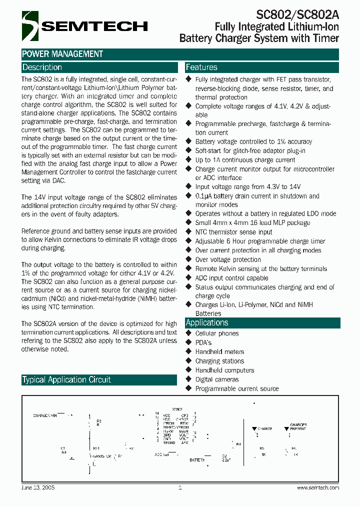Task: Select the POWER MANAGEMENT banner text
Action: [62, 54]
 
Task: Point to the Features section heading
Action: [201, 67]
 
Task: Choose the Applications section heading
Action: [207, 323]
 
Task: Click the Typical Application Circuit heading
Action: [66, 380]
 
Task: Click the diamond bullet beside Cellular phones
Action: [188, 333]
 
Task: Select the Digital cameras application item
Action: [217, 379]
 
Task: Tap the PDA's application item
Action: [203, 342]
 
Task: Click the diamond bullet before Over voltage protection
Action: [188, 259]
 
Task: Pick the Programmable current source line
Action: [237, 388]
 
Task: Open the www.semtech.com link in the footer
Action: [318, 487]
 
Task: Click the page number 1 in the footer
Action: [179, 487]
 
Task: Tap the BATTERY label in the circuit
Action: [197, 459]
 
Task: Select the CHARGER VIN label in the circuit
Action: [45, 415]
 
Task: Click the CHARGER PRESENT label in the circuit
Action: [298, 426]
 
